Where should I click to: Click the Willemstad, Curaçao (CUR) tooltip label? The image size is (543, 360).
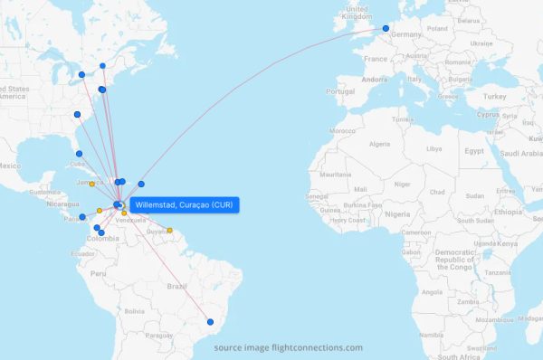click(183, 205)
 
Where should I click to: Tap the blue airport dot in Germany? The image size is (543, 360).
click(386, 29)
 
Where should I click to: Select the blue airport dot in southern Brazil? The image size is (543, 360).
click(210, 321)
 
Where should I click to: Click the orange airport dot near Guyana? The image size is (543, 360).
click(169, 230)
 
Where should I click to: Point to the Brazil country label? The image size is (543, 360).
click(177, 286)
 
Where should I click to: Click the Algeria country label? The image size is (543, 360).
click(378, 144)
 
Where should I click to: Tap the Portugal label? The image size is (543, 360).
click(340, 91)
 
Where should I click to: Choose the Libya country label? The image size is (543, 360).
click(434, 148)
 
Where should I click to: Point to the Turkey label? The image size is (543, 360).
click(494, 96)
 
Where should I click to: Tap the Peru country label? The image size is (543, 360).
click(98, 272)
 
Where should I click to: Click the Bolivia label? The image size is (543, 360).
click(134, 311)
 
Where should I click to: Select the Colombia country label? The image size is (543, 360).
click(101, 239)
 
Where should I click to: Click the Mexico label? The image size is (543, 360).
click(9, 166)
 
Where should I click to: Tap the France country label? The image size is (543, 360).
click(376, 59)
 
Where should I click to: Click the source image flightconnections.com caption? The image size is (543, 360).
click(288, 347)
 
